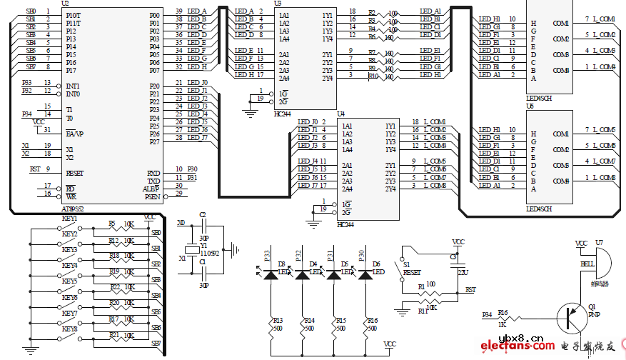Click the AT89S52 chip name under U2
(x=73, y=209)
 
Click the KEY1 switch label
(x=69, y=218)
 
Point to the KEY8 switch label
(x=69, y=329)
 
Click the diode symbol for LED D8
(x=271, y=273)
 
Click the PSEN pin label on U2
(x=152, y=196)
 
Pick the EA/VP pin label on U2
(x=75, y=134)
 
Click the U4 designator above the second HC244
(x=341, y=114)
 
